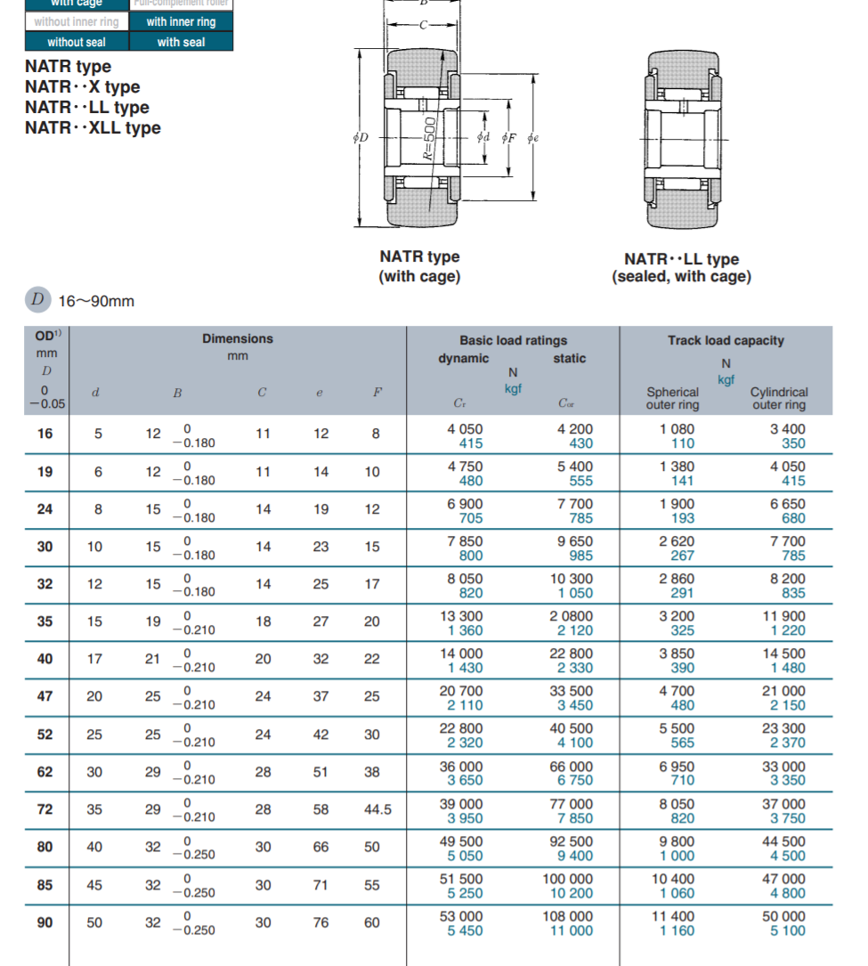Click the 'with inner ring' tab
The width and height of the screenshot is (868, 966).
(x=181, y=21)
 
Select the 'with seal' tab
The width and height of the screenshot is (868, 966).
(x=181, y=42)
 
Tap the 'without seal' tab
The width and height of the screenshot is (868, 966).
(x=77, y=42)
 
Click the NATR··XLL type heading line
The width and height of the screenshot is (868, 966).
(x=93, y=128)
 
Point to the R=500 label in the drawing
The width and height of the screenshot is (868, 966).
(x=428, y=138)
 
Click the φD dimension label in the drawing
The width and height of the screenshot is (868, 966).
(x=361, y=138)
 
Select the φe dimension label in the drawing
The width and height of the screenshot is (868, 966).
(x=532, y=138)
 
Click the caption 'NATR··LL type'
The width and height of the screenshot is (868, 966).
(x=681, y=259)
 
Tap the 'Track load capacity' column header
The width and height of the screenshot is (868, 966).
(x=726, y=340)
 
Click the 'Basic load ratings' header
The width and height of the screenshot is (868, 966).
(x=513, y=340)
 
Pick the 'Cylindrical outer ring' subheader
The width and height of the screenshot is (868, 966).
(x=778, y=398)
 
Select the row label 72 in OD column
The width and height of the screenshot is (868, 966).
(x=45, y=809)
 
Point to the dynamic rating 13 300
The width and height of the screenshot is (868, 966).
(x=465, y=615)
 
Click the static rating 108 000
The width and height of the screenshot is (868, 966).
(x=567, y=916)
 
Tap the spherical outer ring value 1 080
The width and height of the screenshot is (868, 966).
(x=677, y=428)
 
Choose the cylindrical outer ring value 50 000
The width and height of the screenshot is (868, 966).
(x=783, y=916)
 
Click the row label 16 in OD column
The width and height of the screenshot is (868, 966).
(x=45, y=434)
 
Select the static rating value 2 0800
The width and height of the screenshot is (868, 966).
(x=571, y=615)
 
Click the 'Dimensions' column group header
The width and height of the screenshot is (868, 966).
(x=237, y=338)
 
